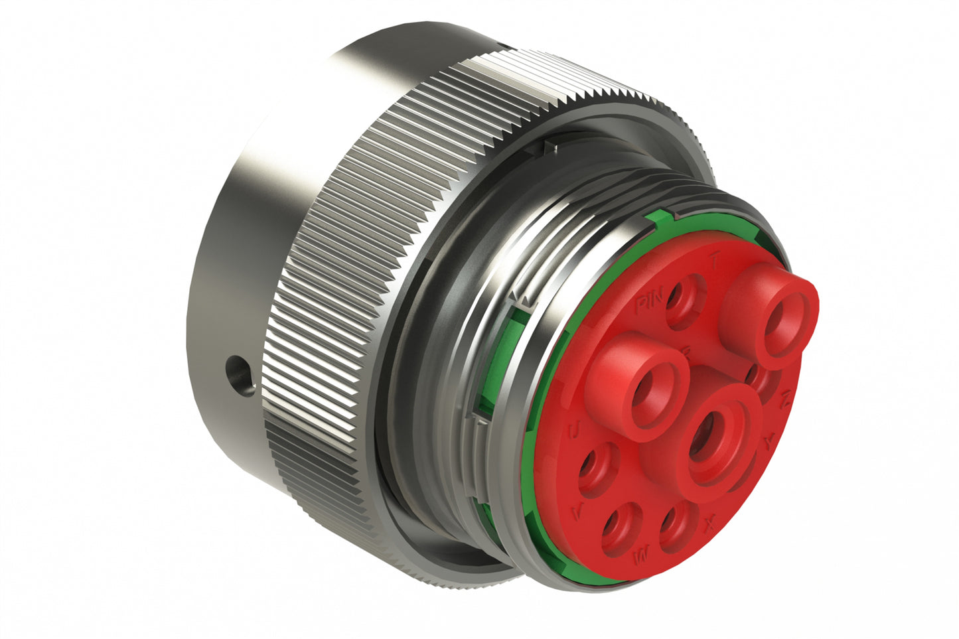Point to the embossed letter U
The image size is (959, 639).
575,433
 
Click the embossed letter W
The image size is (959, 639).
641,556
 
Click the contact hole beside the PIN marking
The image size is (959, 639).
684,300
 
